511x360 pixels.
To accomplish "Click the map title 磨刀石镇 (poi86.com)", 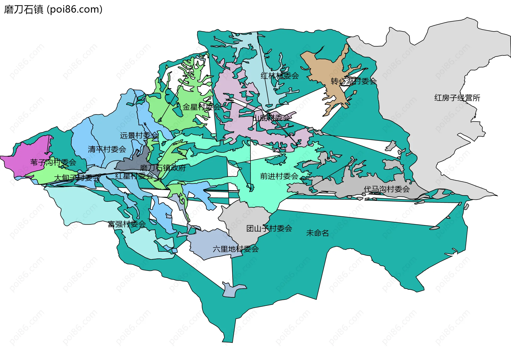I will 53,10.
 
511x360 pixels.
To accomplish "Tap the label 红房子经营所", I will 457,98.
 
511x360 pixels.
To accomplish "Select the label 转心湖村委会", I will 353,81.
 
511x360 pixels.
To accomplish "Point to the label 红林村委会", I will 279,76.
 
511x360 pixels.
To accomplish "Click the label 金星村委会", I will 201,107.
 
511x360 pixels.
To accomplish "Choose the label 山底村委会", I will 271,118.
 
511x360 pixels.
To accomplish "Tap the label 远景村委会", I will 139,135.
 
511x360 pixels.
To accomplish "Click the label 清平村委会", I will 107,149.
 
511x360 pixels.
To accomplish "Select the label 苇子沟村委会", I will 53,162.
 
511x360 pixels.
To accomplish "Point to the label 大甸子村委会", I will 77,178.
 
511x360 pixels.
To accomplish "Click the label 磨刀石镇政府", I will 163,168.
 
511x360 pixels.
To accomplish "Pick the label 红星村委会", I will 134,176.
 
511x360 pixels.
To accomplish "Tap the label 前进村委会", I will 279,176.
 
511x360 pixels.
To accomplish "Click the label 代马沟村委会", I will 386,189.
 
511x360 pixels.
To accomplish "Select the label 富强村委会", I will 127,224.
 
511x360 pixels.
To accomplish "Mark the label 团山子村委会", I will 269,228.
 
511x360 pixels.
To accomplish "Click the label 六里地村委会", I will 236,249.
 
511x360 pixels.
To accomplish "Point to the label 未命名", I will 317,233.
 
